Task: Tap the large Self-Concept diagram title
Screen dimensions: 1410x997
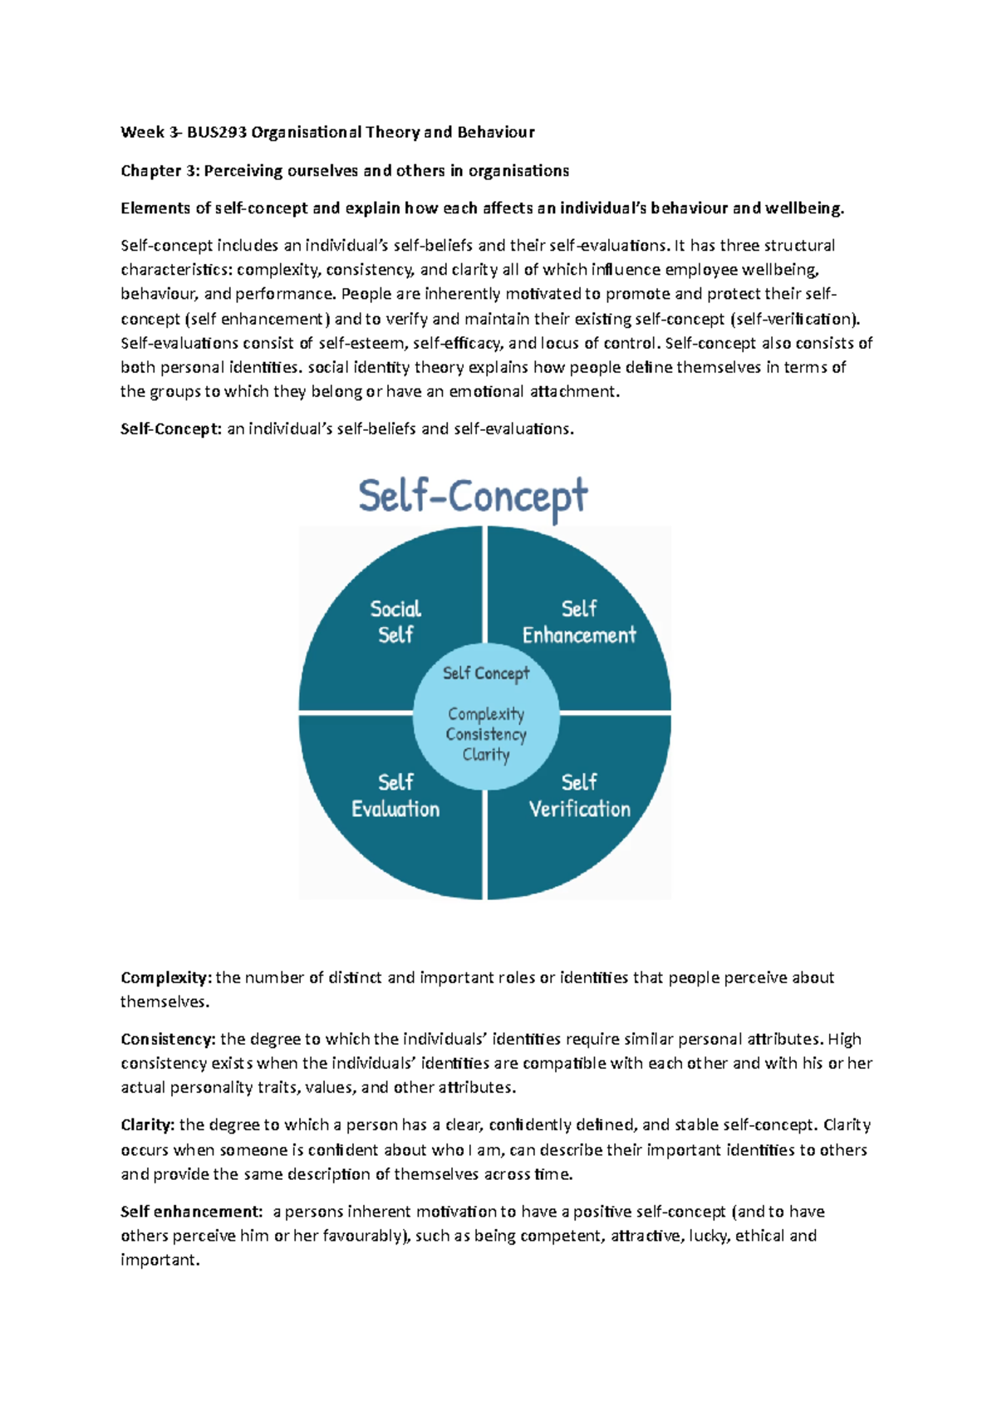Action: [473, 497]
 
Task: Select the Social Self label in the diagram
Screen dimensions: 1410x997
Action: [395, 621]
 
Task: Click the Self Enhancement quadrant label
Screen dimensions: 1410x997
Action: [579, 622]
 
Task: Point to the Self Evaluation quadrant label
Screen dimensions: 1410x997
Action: [395, 796]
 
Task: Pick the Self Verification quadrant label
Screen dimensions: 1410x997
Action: [579, 796]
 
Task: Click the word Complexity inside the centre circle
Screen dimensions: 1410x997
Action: [486, 714]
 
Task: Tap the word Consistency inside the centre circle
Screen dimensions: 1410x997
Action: [486, 734]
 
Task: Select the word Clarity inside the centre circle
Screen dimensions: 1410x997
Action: [486, 754]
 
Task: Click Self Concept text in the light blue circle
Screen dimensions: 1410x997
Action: [486, 673]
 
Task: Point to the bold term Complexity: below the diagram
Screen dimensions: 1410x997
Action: [166, 978]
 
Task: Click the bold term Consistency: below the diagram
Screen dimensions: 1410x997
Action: [168, 1040]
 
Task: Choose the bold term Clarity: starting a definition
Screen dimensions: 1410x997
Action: [148, 1125]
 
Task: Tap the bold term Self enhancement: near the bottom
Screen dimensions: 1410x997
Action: [191, 1212]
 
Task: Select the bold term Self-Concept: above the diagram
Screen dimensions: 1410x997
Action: [171, 429]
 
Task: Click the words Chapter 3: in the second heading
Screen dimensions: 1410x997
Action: [160, 171]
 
